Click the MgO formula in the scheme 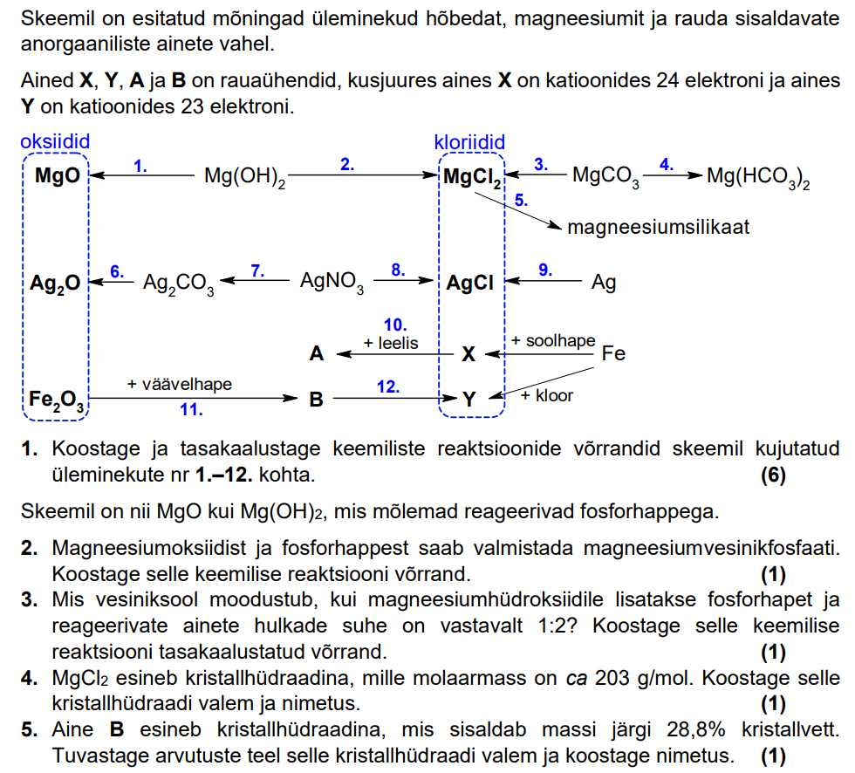click(57, 176)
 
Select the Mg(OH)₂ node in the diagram click(245, 177)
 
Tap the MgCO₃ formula click(605, 177)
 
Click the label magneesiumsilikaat click(658, 228)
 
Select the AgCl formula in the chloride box click(469, 283)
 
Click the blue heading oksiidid click(55, 141)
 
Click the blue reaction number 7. click(257, 270)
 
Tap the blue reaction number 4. click(667, 163)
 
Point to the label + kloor click(547, 395)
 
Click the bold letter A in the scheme click(317, 354)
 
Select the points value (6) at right click(772, 475)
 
